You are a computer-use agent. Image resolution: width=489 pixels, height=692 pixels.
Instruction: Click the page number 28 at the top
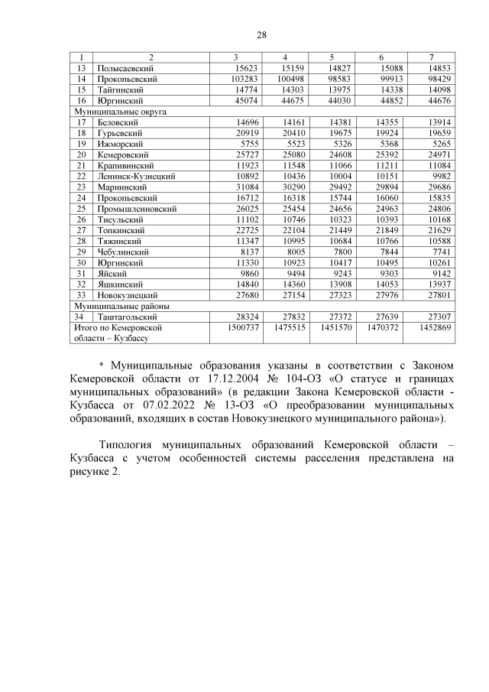click(261, 35)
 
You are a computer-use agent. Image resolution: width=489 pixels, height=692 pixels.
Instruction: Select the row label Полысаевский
click(125, 69)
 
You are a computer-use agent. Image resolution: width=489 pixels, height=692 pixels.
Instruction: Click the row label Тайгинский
click(120, 90)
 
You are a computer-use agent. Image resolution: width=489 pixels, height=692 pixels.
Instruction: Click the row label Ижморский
click(118, 144)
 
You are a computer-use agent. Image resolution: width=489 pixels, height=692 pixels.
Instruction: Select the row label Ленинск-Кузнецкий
click(134, 176)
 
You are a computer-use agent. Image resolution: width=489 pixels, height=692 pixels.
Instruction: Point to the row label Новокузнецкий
click(128, 294)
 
